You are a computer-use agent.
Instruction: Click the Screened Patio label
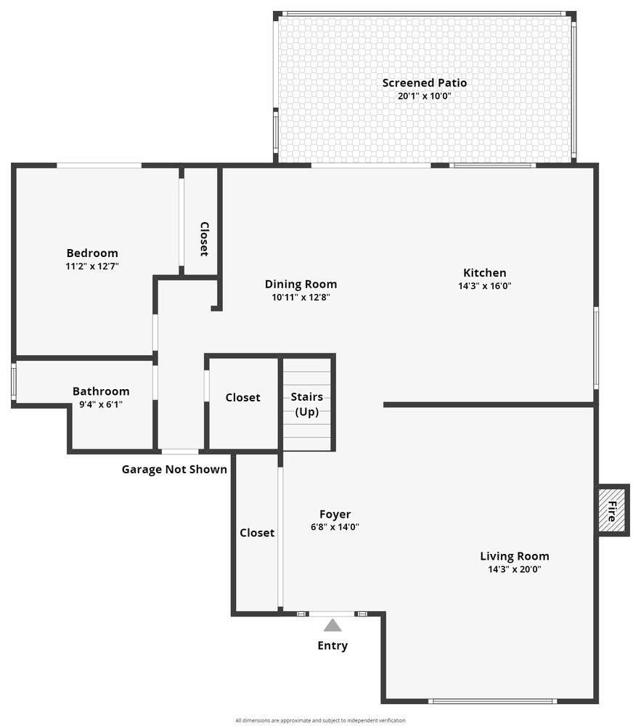425,83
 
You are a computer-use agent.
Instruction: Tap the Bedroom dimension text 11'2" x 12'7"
93,266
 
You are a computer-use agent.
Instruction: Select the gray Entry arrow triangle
332,626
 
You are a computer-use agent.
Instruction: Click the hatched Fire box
612,510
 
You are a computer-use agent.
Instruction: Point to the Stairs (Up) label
307,404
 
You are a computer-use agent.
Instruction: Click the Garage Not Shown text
174,470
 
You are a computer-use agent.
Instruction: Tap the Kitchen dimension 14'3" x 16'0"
485,285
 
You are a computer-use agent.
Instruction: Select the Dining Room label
301,285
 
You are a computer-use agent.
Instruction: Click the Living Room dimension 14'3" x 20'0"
515,569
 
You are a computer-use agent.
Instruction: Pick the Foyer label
335,515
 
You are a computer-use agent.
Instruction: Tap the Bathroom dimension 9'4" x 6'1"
101,404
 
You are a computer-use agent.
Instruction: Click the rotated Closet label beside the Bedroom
204,239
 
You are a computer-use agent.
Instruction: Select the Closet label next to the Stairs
243,397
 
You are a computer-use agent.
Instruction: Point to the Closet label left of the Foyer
257,533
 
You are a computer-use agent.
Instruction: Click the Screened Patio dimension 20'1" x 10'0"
425,97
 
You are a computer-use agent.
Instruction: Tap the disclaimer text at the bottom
320,720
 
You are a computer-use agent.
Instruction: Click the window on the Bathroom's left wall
14,382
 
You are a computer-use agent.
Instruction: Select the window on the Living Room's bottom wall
492,701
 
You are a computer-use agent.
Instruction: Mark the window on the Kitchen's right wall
596,348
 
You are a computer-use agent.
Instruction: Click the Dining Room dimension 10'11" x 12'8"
301,297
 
